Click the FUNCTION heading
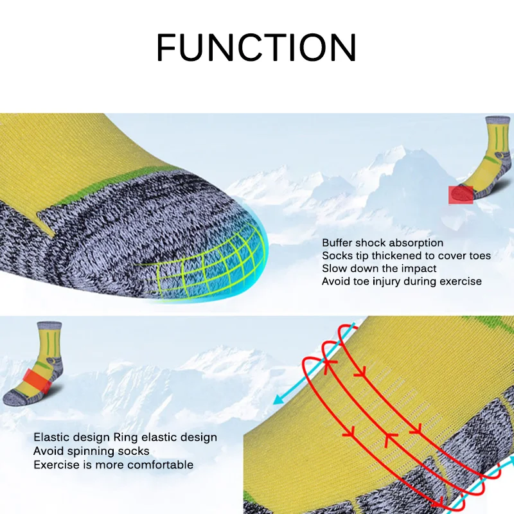(x=256, y=47)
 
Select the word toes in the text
(x=479, y=256)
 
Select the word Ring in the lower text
(x=125, y=438)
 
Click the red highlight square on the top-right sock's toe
(x=461, y=194)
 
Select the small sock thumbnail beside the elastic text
(x=35, y=363)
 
